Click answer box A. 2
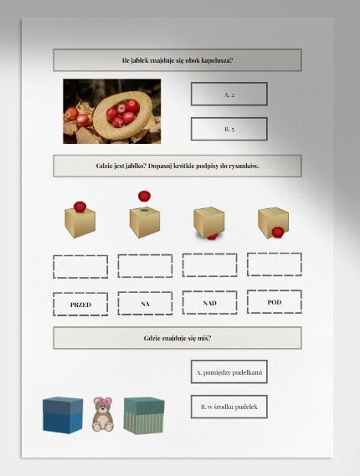(229, 94)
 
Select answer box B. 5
(229, 129)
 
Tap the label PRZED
(80, 305)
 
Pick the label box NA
(145, 304)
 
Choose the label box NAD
(209, 302)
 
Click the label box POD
(275, 302)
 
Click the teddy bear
(103, 414)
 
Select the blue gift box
(63, 415)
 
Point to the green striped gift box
(144, 416)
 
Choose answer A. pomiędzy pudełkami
(229, 372)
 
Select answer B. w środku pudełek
(229, 407)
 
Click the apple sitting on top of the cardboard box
(80, 207)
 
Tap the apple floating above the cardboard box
(144, 196)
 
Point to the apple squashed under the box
(212, 236)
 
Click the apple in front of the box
(278, 233)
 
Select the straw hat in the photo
(123, 115)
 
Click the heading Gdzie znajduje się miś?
(177, 338)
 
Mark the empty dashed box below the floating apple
(145, 266)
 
